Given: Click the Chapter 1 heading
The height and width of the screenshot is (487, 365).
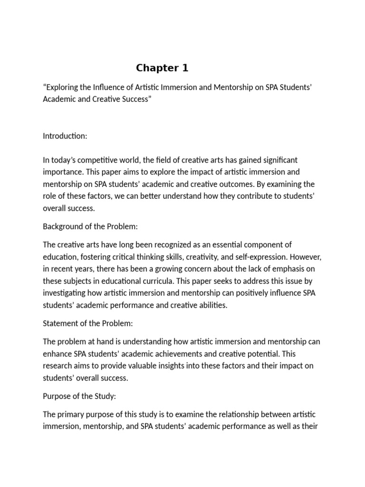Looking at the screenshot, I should pyautogui.click(x=162, y=68).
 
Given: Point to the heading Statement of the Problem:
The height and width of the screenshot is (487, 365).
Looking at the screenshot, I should pyautogui.click(x=88, y=323).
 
